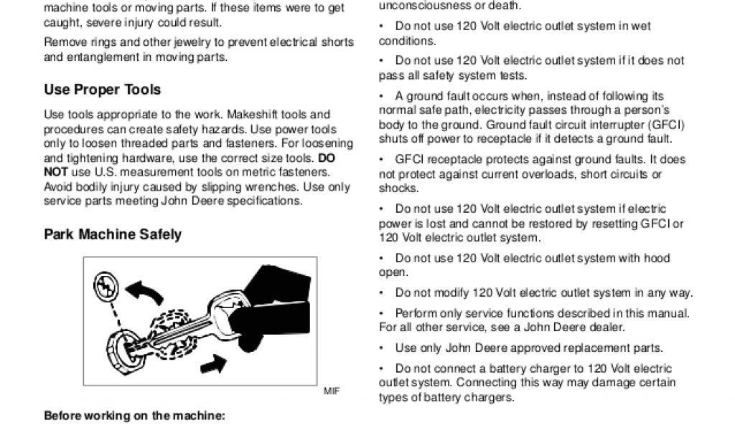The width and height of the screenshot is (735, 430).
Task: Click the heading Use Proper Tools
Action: pos(102,90)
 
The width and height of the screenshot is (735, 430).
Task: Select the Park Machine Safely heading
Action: pos(113,234)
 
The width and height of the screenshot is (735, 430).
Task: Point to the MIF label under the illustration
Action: pos(331,391)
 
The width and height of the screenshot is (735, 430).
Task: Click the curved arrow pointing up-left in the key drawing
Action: pos(144,290)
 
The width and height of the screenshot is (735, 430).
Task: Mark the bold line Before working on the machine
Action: pos(134,416)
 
